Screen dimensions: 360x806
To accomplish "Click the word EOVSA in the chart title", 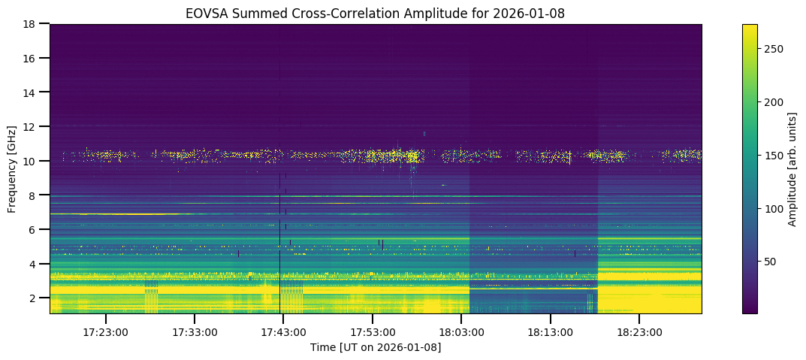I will click(x=204, y=13).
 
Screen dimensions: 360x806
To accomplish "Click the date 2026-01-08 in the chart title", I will click(x=536, y=13).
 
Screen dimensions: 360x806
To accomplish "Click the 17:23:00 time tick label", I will click(x=106, y=331).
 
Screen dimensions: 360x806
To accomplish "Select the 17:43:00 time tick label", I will click(x=283, y=331).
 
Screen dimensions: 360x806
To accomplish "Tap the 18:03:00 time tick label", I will click(x=461, y=331).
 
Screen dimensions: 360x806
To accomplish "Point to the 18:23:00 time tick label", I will click(x=639, y=331).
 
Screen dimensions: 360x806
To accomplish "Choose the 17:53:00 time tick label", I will click(x=373, y=331).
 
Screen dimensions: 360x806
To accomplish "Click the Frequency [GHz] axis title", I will click(x=13, y=168).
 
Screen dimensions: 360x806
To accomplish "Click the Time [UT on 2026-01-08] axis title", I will click(x=376, y=347).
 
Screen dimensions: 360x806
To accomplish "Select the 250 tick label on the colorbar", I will click(x=774, y=49).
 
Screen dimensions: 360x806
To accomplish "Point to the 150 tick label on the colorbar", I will click(x=774, y=155).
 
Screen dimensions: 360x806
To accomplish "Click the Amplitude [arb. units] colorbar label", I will click(x=792, y=168).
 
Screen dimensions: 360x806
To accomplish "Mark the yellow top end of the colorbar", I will click(x=750, y=27).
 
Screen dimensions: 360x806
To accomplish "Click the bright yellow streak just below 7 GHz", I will click(x=128, y=214).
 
